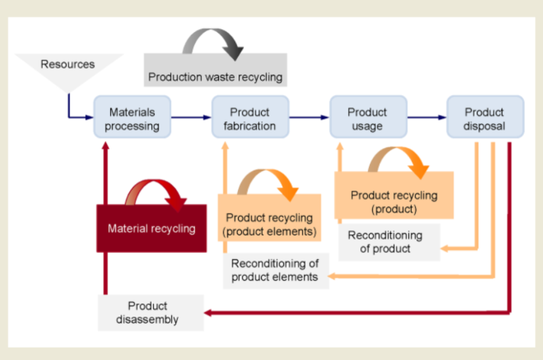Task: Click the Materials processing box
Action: pos(133,119)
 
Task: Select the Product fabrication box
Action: pos(250,119)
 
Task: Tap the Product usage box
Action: pos(367,119)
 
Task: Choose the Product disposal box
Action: pos(485,119)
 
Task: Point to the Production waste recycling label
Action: pos(215,77)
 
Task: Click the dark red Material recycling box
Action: pos(152,228)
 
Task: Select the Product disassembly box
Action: pos(151,312)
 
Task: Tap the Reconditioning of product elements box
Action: pos(275,270)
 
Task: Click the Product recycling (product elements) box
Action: pos(269,224)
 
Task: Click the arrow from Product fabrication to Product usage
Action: pos(309,118)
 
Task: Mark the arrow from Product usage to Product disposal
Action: pos(426,118)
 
